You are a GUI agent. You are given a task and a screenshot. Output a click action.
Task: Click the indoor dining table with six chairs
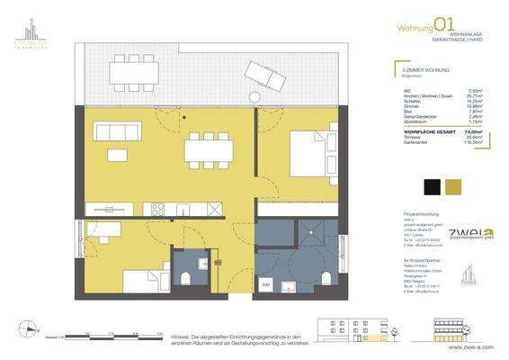click(x=202, y=151)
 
